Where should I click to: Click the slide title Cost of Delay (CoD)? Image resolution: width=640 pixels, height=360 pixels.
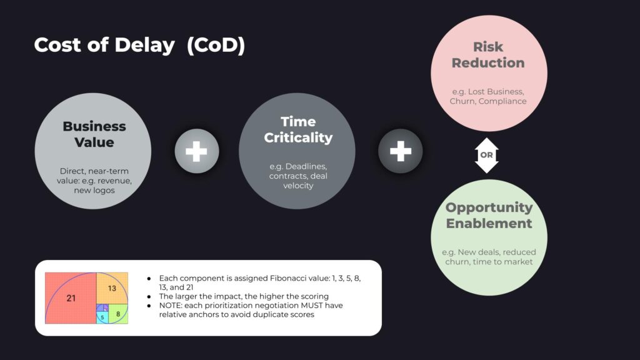pyautogui.click(x=139, y=45)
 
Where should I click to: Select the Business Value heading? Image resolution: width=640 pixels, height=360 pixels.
pyautogui.click(x=94, y=134)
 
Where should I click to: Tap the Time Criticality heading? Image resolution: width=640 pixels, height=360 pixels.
pyautogui.click(x=298, y=129)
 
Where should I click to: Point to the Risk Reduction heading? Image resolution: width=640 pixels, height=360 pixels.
pyautogui.click(x=488, y=55)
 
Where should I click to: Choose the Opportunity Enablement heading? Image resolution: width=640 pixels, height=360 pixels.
pyautogui.click(x=489, y=215)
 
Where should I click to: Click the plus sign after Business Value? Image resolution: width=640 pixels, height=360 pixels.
pyautogui.click(x=197, y=151)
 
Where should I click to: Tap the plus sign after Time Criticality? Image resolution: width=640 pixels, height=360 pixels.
pyautogui.click(x=401, y=151)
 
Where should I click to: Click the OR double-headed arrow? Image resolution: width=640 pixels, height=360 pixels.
pyautogui.click(x=486, y=155)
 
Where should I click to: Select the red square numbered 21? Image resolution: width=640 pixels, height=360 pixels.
pyautogui.click(x=71, y=298)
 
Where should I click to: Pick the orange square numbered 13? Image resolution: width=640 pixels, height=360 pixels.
pyautogui.click(x=112, y=288)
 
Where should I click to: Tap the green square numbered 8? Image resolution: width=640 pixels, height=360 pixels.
pyautogui.click(x=118, y=314)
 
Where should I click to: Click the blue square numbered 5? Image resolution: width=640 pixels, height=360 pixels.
pyautogui.click(x=102, y=317)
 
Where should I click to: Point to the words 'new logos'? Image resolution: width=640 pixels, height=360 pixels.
pyautogui.click(x=94, y=190)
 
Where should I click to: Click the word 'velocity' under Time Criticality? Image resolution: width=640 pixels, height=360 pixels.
pyautogui.click(x=298, y=185)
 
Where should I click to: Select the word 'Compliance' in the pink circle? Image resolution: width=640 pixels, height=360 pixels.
pyautogui.click(x=502, y=101)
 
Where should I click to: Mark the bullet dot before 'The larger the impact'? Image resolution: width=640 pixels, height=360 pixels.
pyautogui.click(x=149, y=297)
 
